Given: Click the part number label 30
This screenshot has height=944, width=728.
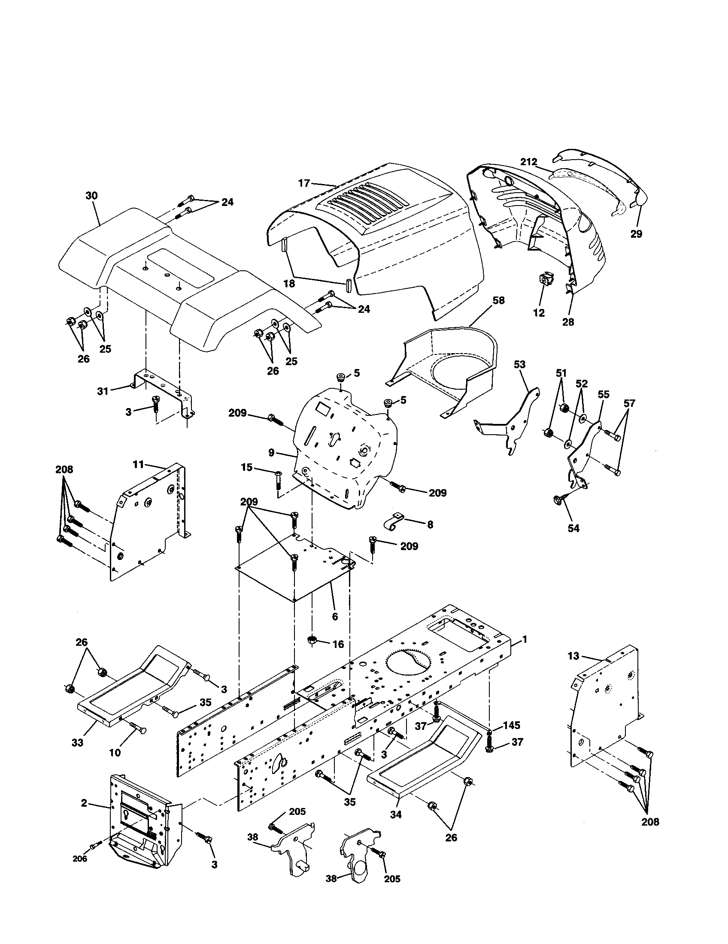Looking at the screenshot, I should pos(91,196).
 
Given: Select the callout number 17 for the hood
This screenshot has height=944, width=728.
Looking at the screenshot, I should pos(304,183).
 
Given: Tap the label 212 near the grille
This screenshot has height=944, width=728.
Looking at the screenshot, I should pos(528,162).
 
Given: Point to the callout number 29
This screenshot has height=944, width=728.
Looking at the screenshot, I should pos(636,234).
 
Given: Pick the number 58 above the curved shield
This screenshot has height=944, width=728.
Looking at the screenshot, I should pos(498,300).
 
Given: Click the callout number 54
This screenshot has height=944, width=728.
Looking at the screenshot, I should pos(573,528).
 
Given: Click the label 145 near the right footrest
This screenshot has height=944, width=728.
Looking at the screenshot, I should pos(511,725).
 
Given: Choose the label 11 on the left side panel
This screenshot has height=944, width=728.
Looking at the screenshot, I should pos(138,465).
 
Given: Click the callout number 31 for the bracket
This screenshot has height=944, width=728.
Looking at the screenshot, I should pos(103,392).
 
